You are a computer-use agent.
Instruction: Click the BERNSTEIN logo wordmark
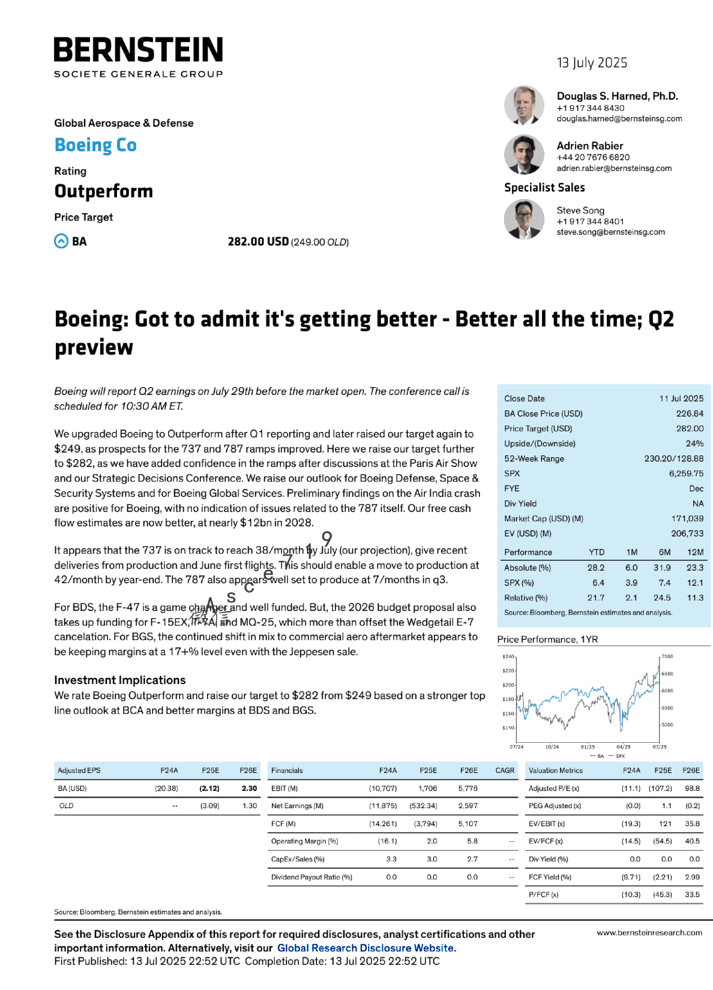pyautogui.click(x=138, y=50)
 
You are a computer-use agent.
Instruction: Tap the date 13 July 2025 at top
pyautogui.click(x=592, y=63)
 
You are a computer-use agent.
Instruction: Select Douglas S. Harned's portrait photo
pyautogui.click(x=524, y=105)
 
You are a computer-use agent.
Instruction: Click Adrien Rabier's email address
pyautogui.click(x=614, y=169)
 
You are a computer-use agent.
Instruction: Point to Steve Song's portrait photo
pyautogui.click(x=524, y=219)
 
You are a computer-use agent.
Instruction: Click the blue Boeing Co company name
pyautogui.click(x=95, y=145)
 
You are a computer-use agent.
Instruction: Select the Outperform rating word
pyautogui.click(x=103, y=191)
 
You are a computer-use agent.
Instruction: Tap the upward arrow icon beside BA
pyautogui.click(x=61, y=241)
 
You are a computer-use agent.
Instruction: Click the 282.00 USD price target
pyautogui.click(x=258, y=242)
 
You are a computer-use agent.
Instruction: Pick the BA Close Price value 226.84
pyautogui.click(x=690, y=414)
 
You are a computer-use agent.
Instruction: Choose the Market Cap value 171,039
pyautogui.click(x=687, y=519)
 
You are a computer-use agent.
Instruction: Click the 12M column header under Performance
pyautogui.click(x=695, y=553)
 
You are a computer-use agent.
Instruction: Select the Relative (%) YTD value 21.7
pyautogui.click(x=595, y=598)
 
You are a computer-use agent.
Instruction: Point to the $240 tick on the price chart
pyautogui.click(x=508, y=656)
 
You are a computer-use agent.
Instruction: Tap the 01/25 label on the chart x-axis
pyautogui.click(x=588, y=747)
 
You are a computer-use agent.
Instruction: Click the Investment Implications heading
pyautogui.click(x=120, y=680)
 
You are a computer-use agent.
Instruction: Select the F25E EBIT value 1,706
pyautogui.click(x=427, y=788)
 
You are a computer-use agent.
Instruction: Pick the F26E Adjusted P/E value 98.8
pyautogui.click(x=692, y=788)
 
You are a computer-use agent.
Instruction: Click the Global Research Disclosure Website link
pyautogui.click(x=366, y=949)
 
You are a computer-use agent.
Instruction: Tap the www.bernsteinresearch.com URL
pyautogui.click(x=649, y=933)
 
